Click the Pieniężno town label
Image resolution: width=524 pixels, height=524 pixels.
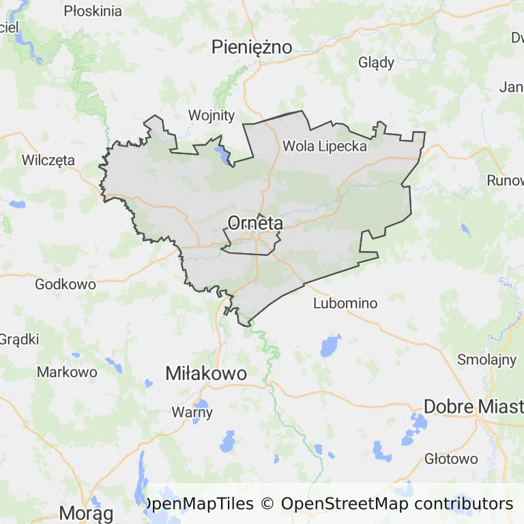point(252,47)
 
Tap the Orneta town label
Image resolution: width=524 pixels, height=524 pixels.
point(254,223)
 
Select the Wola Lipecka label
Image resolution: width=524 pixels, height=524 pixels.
point(325,146)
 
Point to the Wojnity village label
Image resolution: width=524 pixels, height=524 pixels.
point(212,115)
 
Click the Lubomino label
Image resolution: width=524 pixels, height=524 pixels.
point(345,303)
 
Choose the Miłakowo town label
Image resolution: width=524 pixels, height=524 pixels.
point(206,373)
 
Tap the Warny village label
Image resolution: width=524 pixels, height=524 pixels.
point(192,412)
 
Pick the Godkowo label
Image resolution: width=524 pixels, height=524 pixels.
point(65,284)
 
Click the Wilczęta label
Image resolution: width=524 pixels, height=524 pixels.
point(48,160)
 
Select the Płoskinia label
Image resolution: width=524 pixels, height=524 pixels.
point(93,11)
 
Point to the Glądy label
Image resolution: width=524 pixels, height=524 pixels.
point(377,63)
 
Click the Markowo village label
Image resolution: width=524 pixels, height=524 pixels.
point(67,372)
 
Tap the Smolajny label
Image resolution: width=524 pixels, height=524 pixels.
point(487,360)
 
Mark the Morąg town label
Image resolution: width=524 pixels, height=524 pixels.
point(86,512)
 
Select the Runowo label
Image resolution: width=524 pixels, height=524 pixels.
point(505,181)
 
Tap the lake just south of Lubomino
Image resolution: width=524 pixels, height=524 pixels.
point(331,345)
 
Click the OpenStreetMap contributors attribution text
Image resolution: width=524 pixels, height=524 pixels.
point(396,504)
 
